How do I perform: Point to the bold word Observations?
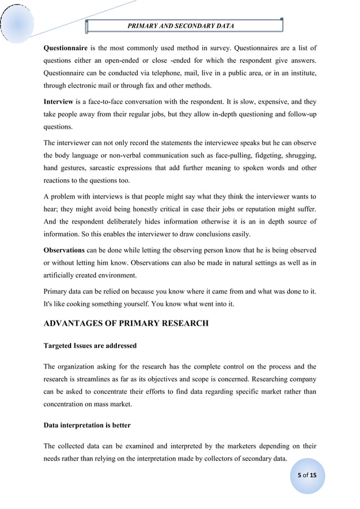coord(64,250)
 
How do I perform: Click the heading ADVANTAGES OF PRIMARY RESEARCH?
coord(126,323)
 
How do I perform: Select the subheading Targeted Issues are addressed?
coord(90,345)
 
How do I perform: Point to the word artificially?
coord(63,276)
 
